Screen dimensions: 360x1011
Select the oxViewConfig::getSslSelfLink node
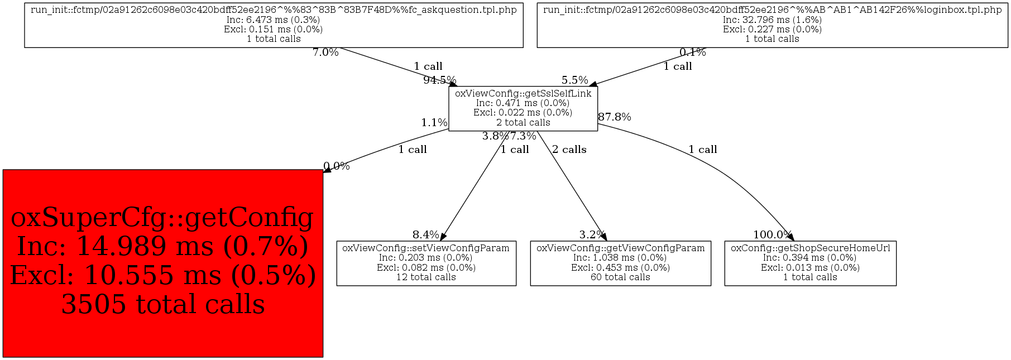point(523,109)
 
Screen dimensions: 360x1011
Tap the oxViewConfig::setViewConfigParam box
point(426,263)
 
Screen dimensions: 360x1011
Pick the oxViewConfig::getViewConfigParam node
point(620,263)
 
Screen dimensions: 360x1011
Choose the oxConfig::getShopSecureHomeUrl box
point(810,263)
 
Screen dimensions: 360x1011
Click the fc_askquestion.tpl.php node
point(274,25)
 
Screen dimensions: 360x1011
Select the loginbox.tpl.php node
point(772,25)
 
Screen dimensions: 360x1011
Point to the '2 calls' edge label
point(569,150)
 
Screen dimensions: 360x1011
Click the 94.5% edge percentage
point(439,80)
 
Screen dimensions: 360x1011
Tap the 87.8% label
point(615,117)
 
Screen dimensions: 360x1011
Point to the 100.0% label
point(772,235)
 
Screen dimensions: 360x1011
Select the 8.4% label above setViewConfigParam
point(425,235)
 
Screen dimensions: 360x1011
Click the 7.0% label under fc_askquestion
point(325,53)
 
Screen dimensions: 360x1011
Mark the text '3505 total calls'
point(163,305)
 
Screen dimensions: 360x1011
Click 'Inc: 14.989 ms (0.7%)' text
point(163,247)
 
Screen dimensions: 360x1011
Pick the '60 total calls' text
point(620,277)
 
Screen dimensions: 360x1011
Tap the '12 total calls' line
point(426,277)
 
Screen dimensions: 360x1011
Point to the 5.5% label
point(575,80)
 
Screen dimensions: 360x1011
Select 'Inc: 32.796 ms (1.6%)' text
point(772,20)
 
